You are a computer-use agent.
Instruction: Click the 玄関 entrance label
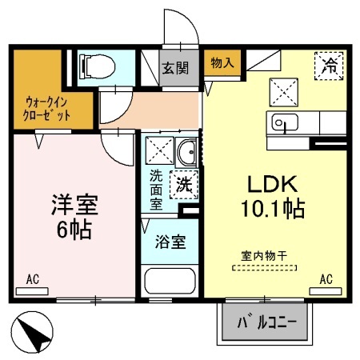[174, 67]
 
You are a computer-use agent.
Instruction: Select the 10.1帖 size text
[273, 210]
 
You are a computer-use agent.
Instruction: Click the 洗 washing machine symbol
[183, 182]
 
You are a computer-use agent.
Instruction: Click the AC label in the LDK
[326, 278]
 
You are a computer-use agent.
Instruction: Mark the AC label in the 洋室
[32, 278]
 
